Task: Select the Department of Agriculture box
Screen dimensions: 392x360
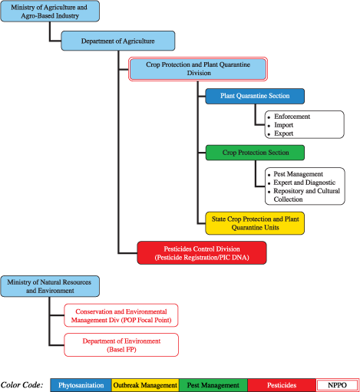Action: (x=118, y=41)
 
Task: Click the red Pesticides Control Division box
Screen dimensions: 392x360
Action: (x=202, y=252)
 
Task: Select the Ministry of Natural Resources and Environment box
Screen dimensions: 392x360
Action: (x=49, y=287)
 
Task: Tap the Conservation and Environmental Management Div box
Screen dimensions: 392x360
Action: (x=121, y=315)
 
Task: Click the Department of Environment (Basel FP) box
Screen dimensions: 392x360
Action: (x=121, y=344)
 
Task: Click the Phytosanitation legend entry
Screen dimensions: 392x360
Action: (x=81, y=384)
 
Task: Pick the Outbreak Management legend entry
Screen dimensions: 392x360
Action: (x=144, y=384)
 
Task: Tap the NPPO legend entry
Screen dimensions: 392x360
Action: (x=336, y=384)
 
